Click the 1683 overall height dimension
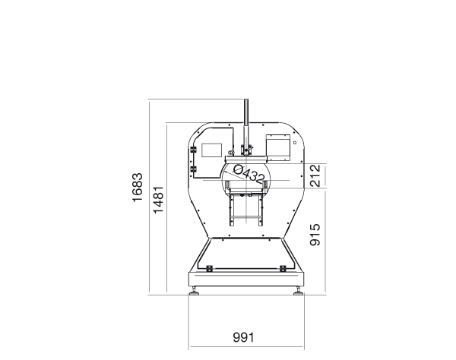(x=138, y=188)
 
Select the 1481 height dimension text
(x=159, y=200)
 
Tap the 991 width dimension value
(x=243, y=338)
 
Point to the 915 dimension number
(x=315, y=235)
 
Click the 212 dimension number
(x=315, y=175)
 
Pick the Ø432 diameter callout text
(x=249, y=174)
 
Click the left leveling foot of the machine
(x=194, y=292)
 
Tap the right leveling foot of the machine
(x=298, y=292)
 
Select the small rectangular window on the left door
(x=212, y=150)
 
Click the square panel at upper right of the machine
(x=278, y=148)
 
